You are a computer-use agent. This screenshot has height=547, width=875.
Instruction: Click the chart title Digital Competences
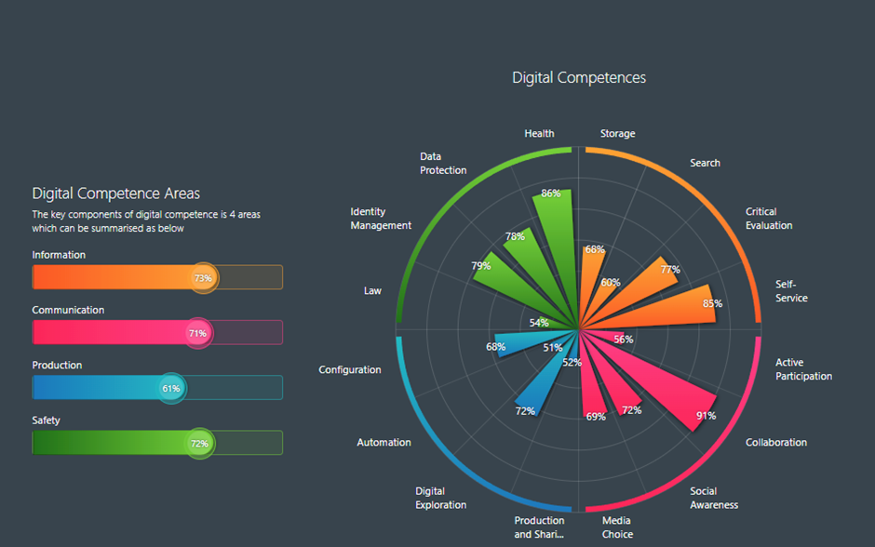(x=578, y=78)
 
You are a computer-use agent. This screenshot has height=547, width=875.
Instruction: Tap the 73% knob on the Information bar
(x=202, y=277)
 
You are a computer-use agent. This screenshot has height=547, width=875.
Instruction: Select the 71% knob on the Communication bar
(x=197, y=332)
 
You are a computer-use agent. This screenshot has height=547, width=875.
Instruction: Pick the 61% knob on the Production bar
(x=171, y=388)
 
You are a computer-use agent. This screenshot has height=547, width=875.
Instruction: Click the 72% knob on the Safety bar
(x=199, y=444)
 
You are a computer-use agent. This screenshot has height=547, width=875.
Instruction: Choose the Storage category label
(x=617, y=134)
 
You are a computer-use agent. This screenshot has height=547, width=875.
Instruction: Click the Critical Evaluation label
(x=769, y=219)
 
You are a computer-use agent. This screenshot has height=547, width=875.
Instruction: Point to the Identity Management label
(x=381, y=219)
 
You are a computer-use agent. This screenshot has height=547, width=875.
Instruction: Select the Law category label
(x=372, y=291)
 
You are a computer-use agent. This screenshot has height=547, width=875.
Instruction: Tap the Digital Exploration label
(x=440, y=498)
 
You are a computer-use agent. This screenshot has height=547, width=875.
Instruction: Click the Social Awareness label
(x=714, y=498)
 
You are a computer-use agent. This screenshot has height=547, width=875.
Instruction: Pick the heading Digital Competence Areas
(x=115, y=193)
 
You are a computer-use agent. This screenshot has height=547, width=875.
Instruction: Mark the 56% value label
(x=624, y=340)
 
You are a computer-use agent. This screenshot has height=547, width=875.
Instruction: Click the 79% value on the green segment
(x=481, y=266)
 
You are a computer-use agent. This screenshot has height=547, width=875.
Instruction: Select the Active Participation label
(x=803, y=369)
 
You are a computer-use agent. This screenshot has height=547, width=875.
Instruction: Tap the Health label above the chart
(x=539, y=134)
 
